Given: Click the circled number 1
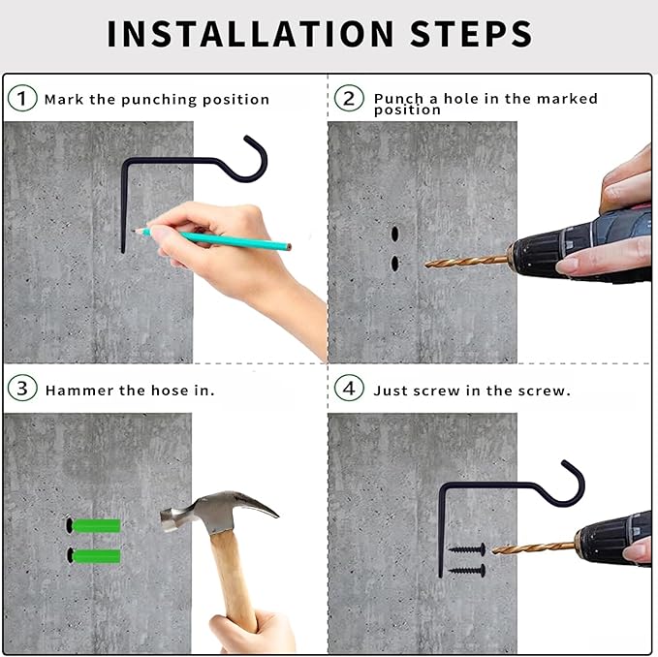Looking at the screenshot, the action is [x=22, y=98].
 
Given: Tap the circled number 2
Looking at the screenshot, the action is [x=349, y=98].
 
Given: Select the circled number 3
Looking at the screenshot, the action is [x=22, y=388].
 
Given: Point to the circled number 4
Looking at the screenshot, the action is [x=349, y=388].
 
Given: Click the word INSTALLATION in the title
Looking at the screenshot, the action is [x=250, y=34].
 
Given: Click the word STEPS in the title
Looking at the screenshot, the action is [x=471, y=34].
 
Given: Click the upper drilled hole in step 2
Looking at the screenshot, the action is [x=394, y=234].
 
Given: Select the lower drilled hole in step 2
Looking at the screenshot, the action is [x=394, y=263].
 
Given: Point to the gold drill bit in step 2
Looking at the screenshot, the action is [x=466, y=262].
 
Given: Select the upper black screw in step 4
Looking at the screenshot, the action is [x=467, y=549].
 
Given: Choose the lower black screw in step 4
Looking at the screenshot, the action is [x=467, y=570].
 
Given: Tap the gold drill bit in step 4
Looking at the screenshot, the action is [x=534, y=547].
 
